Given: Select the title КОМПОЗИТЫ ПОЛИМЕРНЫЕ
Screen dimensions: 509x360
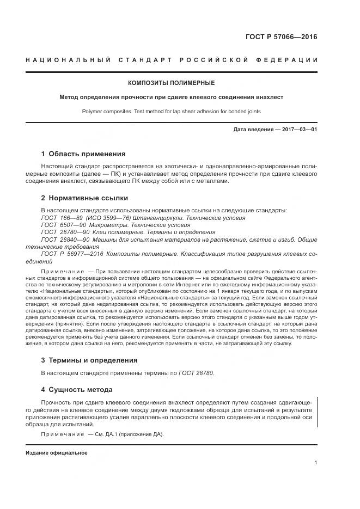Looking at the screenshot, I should click(171, 83).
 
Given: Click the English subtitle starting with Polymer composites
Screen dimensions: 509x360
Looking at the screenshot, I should click(171, 111).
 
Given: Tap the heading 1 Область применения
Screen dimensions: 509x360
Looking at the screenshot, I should click(83, 154).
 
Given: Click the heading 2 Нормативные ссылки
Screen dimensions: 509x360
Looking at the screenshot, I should click(84, 198).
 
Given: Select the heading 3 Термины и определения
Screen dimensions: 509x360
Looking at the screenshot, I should click(89, 360).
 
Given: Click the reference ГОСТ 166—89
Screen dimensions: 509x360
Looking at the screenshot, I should click(60, 217).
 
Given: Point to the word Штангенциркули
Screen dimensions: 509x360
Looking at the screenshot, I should click(154, 217).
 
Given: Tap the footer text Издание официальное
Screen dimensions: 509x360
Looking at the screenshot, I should click(56, 453).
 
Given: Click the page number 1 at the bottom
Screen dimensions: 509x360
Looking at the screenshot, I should click(316, 463).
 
